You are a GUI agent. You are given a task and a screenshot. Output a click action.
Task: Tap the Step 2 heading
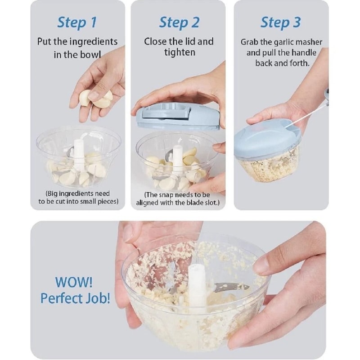pos(179,22)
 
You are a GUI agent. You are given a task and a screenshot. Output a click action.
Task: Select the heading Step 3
pos(281,22)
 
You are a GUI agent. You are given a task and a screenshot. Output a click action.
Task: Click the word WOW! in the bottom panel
pos(74,283)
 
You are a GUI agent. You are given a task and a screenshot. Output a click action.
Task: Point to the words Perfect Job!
pos(75,298)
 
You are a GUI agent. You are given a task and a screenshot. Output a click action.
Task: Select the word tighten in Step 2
pos(179,53)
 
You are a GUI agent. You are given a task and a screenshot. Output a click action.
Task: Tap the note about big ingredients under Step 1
pos(77,198)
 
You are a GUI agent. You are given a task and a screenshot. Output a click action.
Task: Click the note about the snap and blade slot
pos(179,199)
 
